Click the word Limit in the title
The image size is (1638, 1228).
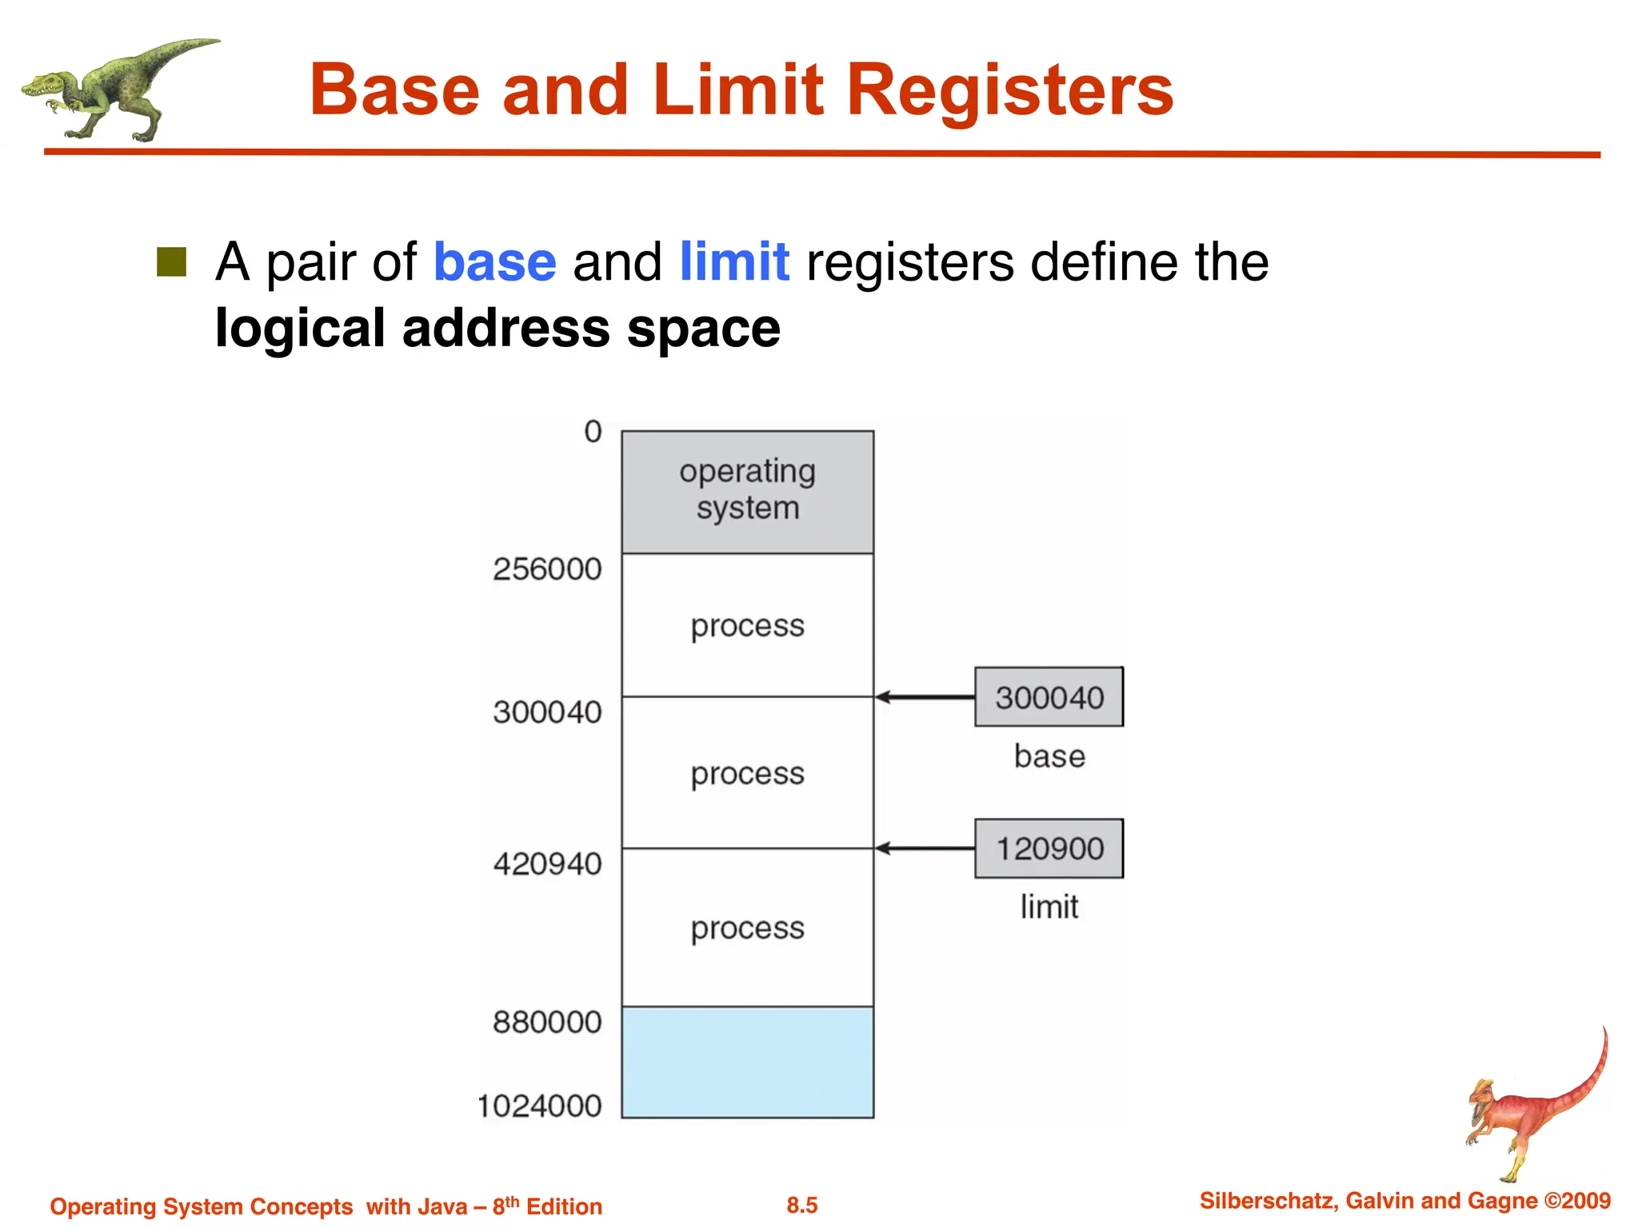[x=737, y=90]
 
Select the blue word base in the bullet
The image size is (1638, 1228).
[x=494, y=262]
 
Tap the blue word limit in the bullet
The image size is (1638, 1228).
[x=734, y=262]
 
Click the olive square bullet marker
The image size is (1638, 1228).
[x=171, y=261]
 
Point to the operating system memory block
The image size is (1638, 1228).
[x=747, y=492]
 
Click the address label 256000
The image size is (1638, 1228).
[x=547, y=569]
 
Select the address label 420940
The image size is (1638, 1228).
[x=547, y=863]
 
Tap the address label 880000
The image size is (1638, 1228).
[x=547, y=1022]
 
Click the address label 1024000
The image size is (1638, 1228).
[x=540, y=1106]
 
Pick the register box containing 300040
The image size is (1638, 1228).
[x=1049, y=697]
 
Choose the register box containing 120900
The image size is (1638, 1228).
[x=1049, y=848]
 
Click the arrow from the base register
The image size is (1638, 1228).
[x=924, y=697]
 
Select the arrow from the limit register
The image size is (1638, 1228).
[x=924, y=848]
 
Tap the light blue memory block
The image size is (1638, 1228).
[x=747, y=1062]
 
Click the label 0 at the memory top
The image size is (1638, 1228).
[x=593, y=432]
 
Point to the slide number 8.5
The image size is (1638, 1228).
[x=801, y=1205]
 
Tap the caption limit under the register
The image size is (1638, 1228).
[x=1049, y=907]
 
